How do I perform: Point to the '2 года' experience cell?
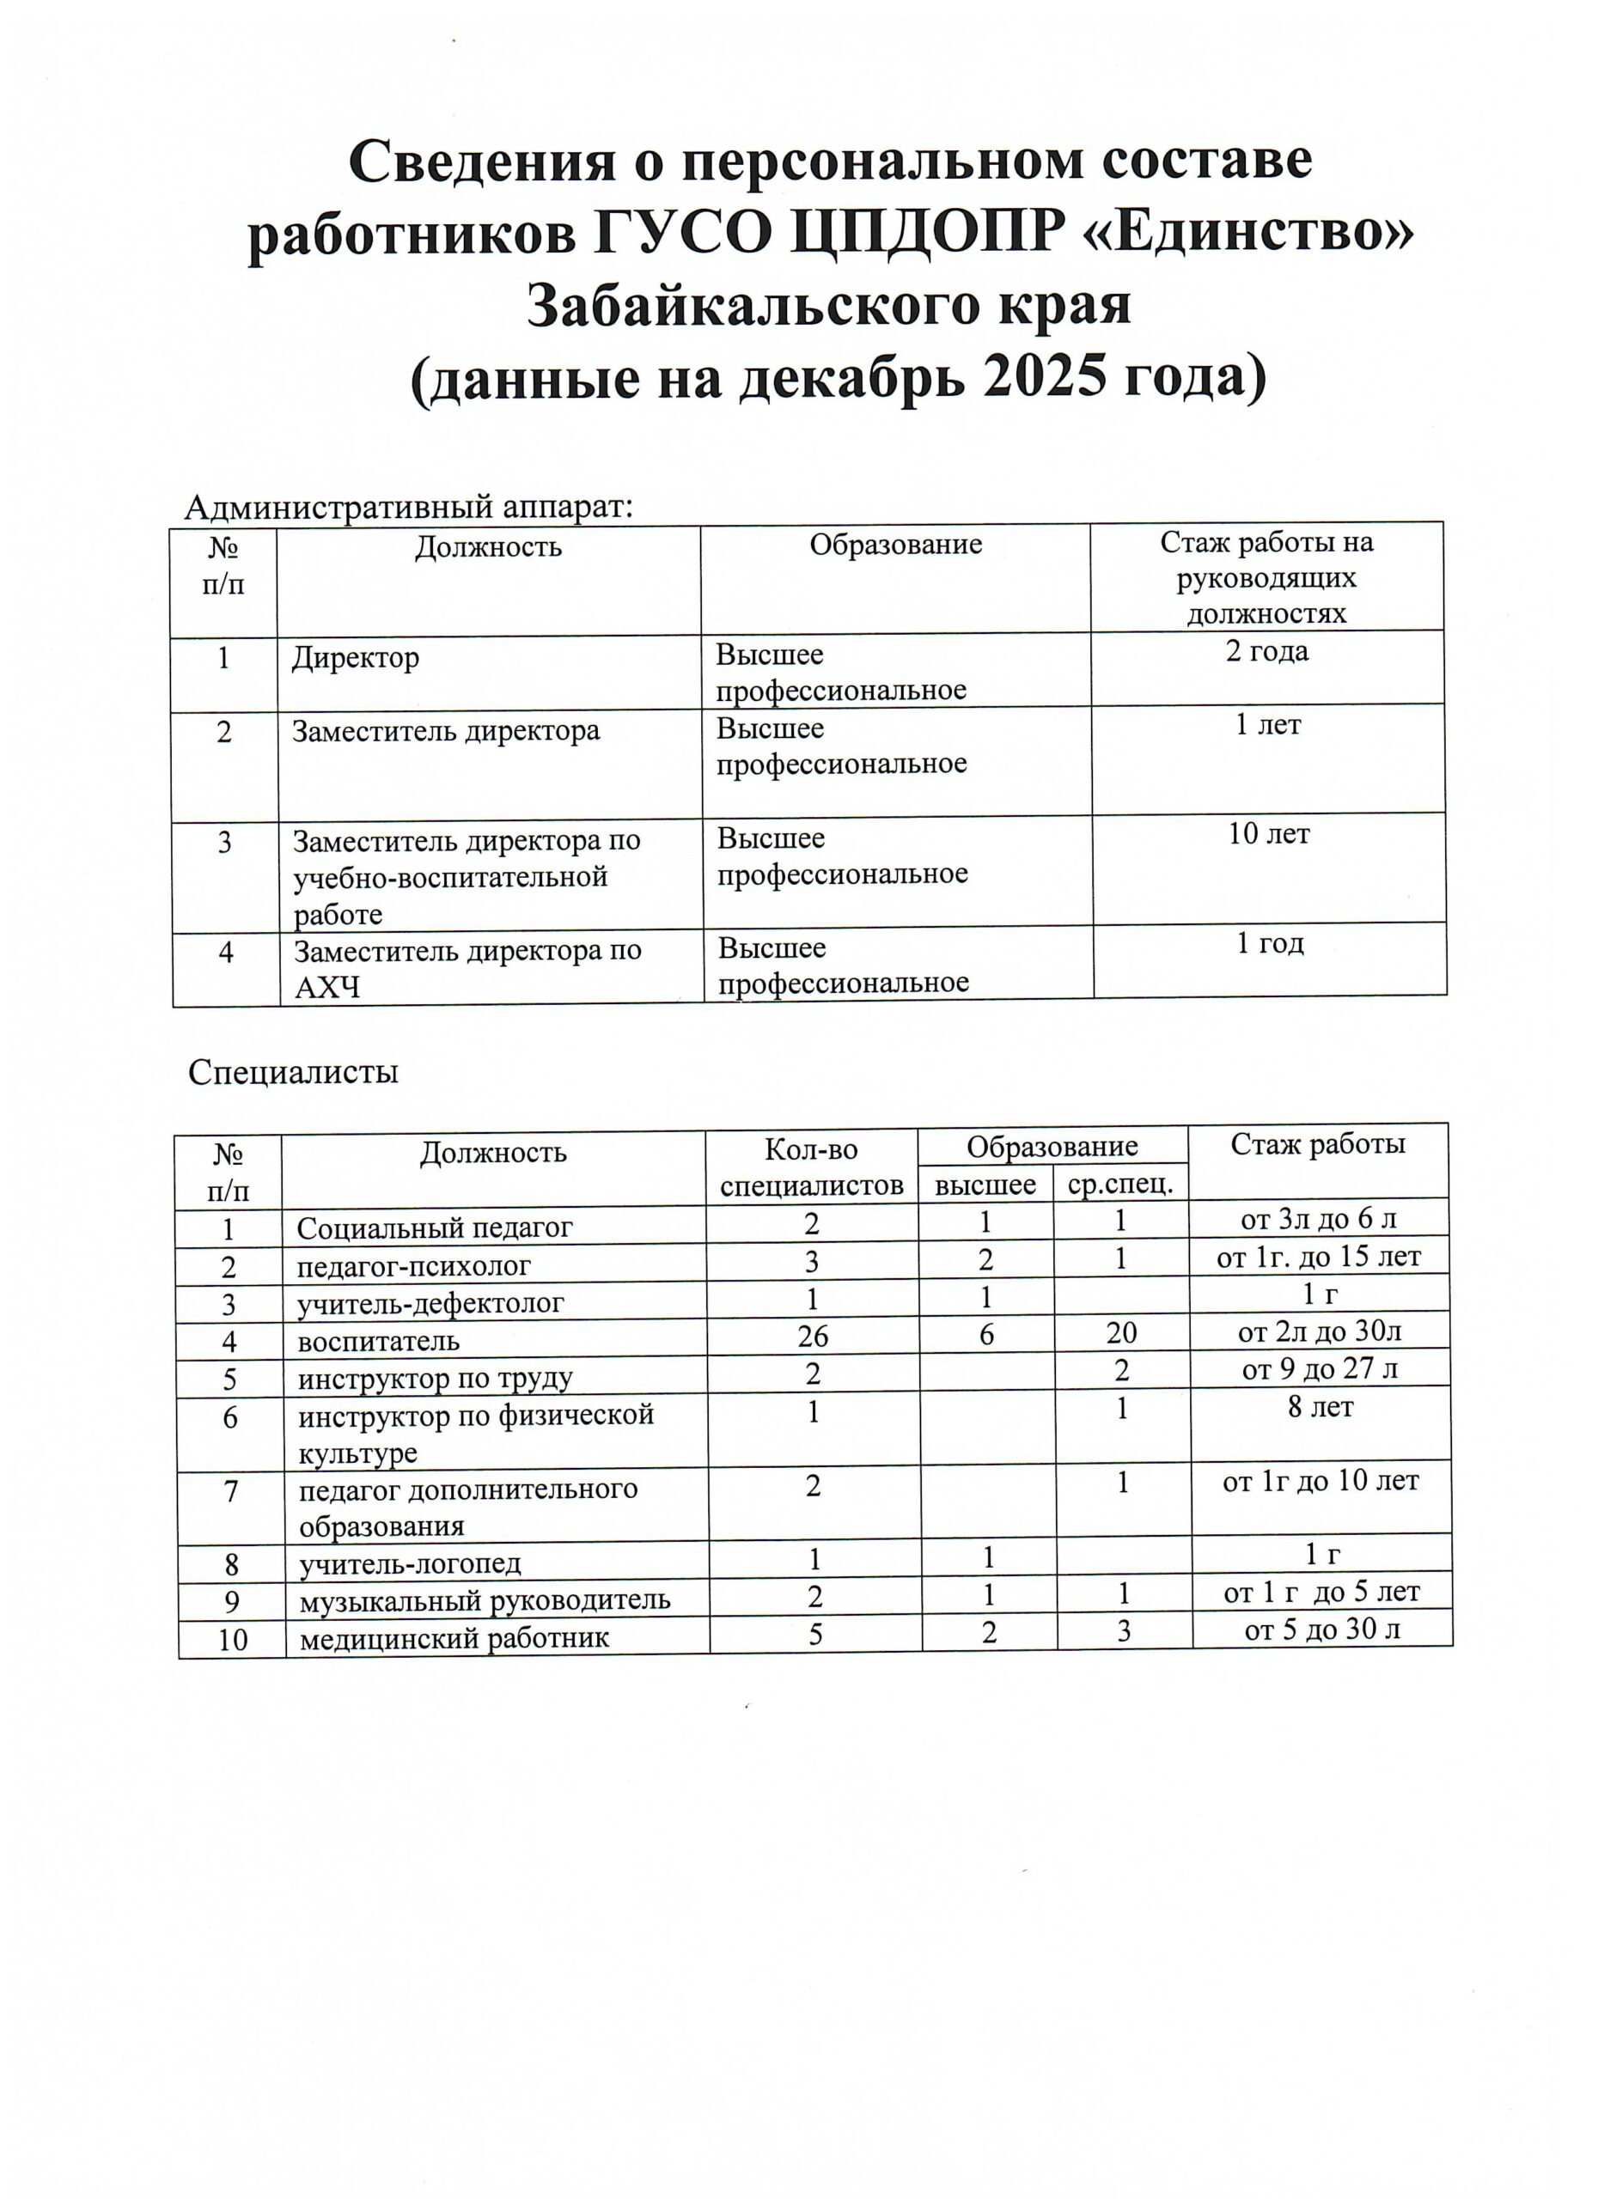[x=1266, y=652]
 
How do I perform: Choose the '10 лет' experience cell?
[x=1268, y=834]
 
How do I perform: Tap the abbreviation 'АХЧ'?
[x=326, y=987]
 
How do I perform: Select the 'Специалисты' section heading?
[x=293, y=1071]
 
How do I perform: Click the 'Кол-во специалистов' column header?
[x=812, y=1167]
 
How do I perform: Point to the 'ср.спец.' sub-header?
[x=1120, y=1184]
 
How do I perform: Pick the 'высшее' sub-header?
[x=985, y=1184]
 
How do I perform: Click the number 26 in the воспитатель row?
[x=813, y=1336]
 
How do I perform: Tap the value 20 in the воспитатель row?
[x=1121, y=1334]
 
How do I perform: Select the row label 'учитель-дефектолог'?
[x=430, y=1303]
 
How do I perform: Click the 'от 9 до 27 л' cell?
[x=1319, y=1370]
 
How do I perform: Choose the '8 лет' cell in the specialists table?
[x=1320, y=1407]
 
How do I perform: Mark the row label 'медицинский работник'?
[x=454, y=1639]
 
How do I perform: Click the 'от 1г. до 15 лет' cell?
[x=1319, y=1258]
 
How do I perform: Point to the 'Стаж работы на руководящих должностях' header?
[x=1266, y=578]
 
